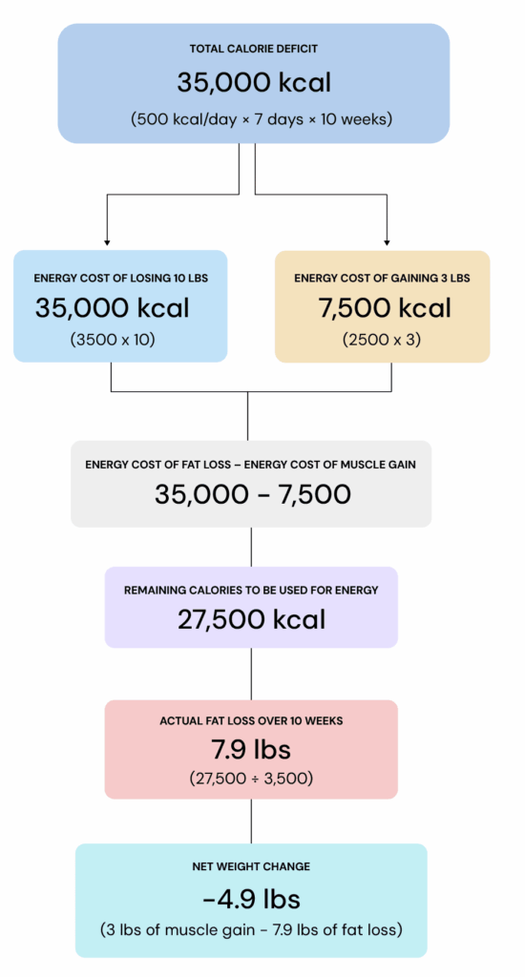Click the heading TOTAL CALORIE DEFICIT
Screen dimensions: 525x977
click(254, 49)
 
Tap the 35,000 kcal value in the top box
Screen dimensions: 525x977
click(254, 83)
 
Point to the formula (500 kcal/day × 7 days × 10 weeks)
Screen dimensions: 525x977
click(262, 119)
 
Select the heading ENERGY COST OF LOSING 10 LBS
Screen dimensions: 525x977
click(121, 278)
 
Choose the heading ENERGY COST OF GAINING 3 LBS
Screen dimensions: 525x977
click(382, 278)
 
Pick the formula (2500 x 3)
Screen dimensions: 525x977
click(382, 341)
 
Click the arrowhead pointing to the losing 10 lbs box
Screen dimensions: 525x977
click(107, 241)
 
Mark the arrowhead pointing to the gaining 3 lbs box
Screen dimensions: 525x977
click(387, 241)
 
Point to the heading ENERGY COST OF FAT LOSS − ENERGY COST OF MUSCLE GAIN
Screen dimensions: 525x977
click(251, 465)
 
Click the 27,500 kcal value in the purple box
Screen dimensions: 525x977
click(251, 619)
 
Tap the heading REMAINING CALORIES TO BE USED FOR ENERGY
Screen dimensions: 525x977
click(251, 590)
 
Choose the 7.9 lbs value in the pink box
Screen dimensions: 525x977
click(251, 750)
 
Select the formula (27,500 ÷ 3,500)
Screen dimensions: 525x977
click(251, 780)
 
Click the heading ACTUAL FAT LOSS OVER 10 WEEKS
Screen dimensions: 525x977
click(251, 721)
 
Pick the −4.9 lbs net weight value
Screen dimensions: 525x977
click(251, 900)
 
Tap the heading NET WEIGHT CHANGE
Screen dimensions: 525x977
click(251, 866)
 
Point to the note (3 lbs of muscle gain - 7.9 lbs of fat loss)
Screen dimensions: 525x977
click(251, 930)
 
